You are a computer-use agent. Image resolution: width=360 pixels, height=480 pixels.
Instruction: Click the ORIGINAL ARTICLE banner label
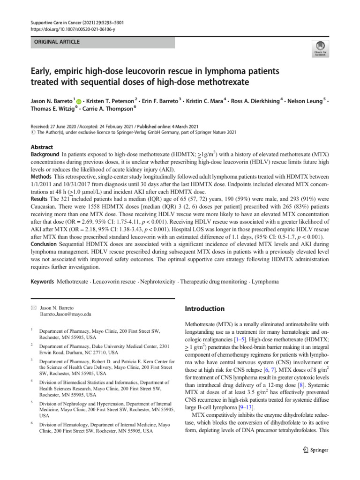tap(55, 42)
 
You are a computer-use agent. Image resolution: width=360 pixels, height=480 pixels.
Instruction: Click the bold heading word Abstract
tap(42, 146)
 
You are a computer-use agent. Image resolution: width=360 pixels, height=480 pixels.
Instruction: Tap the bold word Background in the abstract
tap(45, 154)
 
